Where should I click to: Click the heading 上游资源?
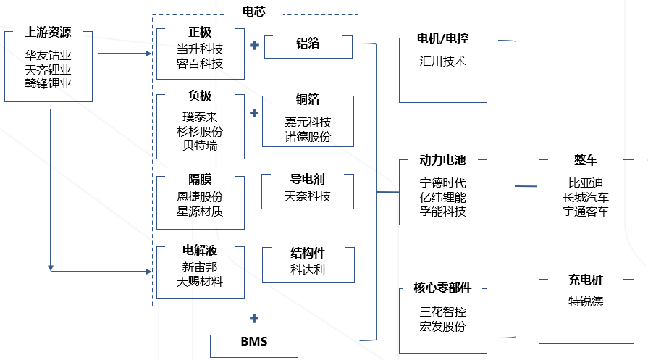coord(49,33)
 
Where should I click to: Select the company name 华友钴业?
coord(49,55)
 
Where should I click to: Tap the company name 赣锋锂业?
coord(49,83)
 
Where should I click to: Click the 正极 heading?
coord(200,33)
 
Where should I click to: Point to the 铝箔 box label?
coord(308,43)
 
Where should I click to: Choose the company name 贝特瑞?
coord(200,145)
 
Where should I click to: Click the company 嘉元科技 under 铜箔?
coord(308,122)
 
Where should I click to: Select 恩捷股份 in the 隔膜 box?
coord(200,197)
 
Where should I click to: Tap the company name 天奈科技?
coord(308,196)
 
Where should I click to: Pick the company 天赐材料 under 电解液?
coord(200,281)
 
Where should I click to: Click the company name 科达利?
coord(308,269)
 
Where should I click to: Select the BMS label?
coord(253,341)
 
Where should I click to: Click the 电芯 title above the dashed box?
coord(255,10)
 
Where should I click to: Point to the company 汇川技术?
coord(442,62)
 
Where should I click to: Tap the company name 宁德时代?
coord(442,183)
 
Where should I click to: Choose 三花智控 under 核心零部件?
coord(442,311)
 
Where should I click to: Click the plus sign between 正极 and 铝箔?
coord(254,46)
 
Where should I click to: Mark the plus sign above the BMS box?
coord(254,319)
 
